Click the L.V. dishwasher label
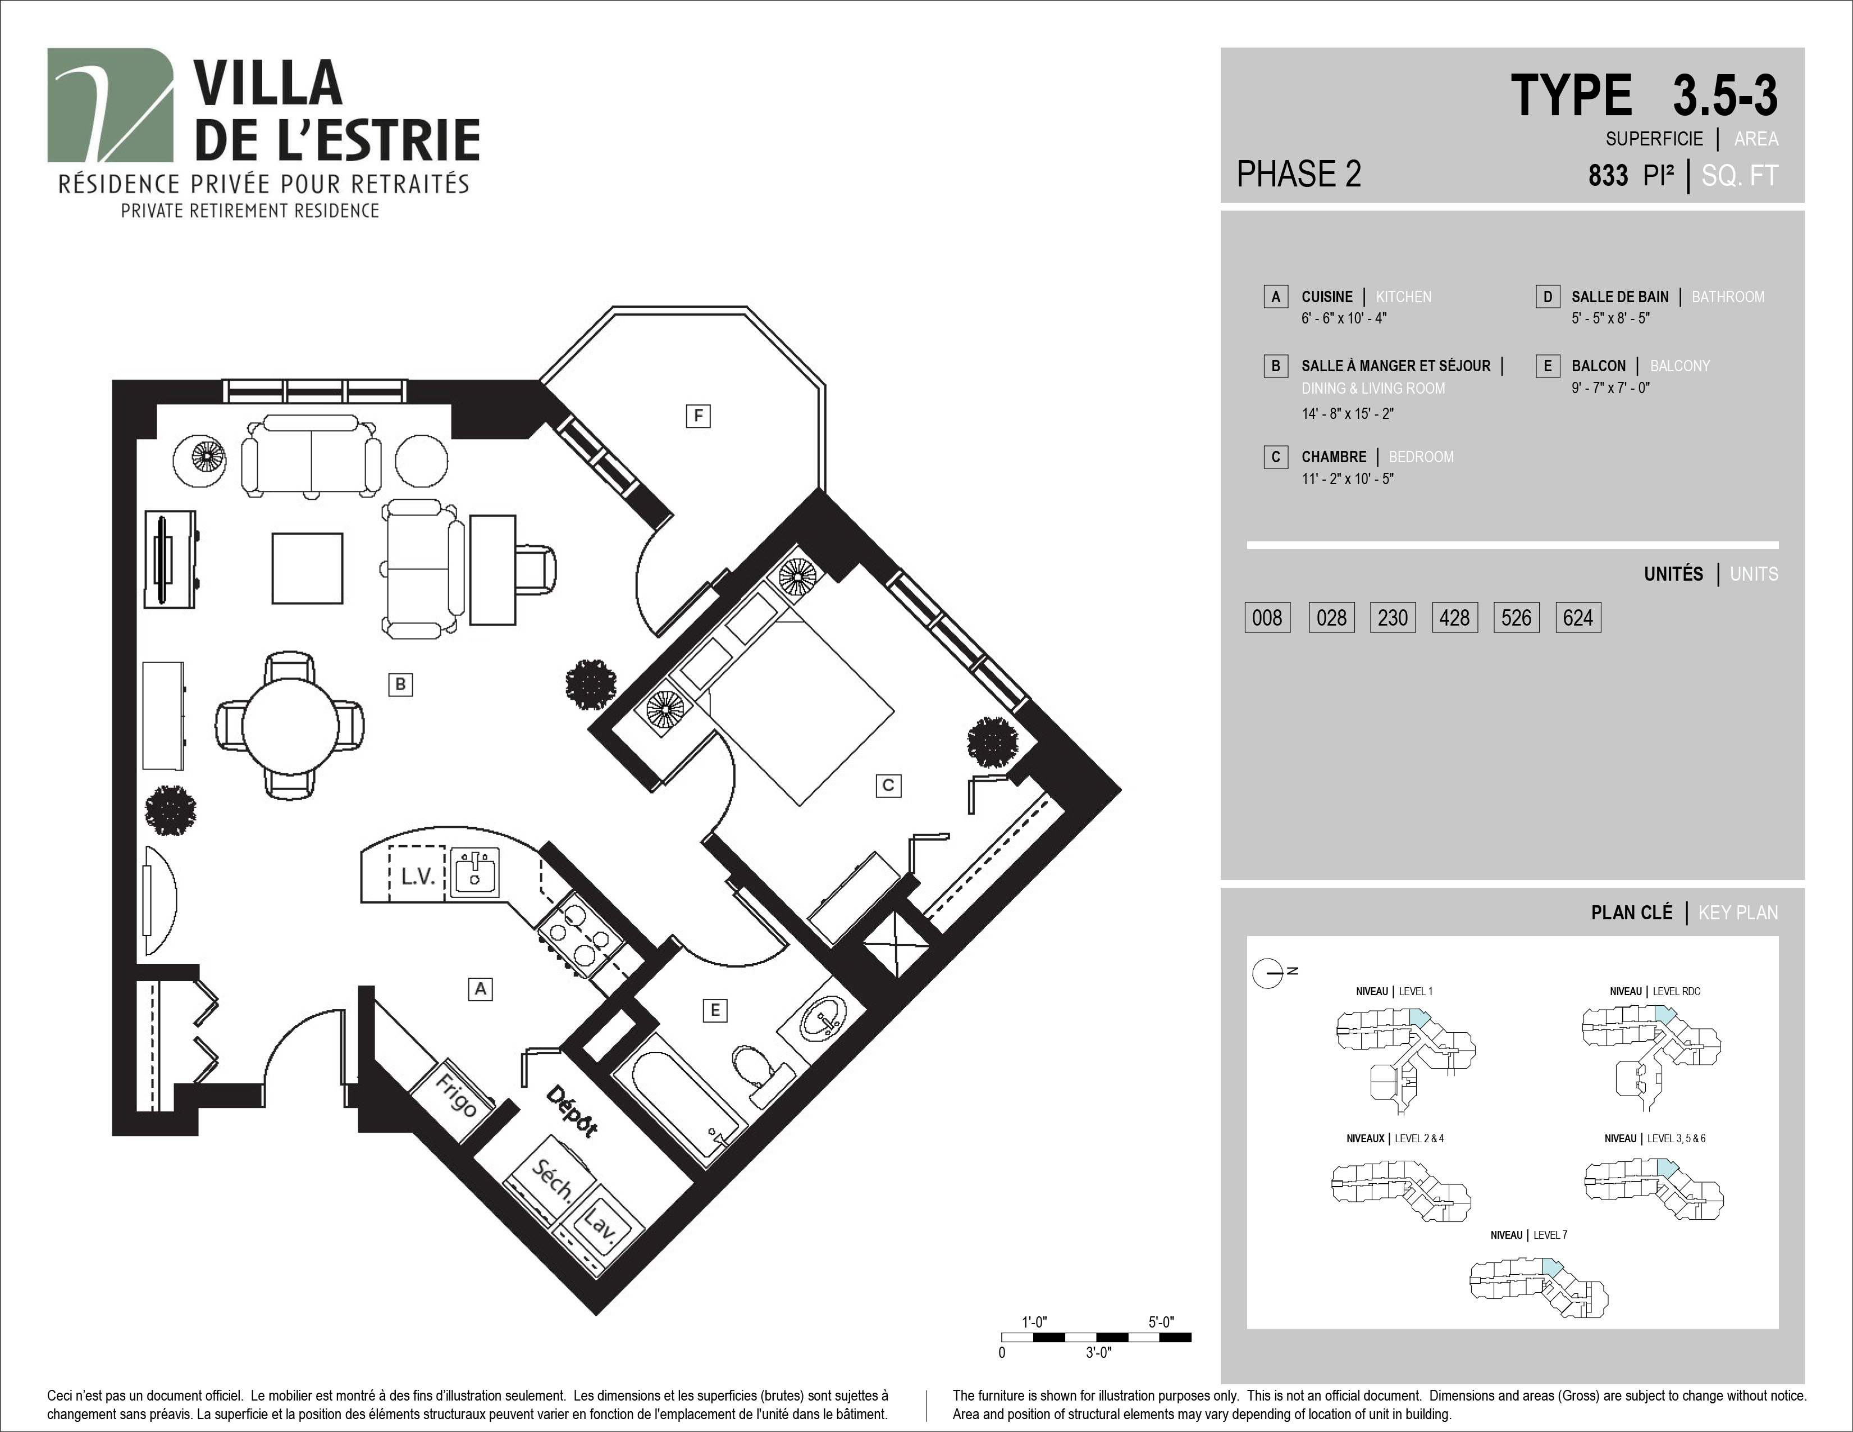417,877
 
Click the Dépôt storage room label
572,1110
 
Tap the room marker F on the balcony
699,416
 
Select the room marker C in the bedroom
888,785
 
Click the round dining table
291,726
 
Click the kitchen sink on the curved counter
474,872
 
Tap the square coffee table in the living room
307,568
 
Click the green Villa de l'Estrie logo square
110,104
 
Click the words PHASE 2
1299,174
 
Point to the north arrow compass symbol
1268,972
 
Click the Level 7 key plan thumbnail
1538,1288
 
